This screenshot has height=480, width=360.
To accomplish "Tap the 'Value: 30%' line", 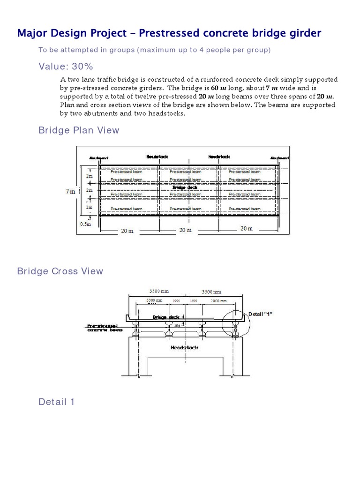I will coord(66,67).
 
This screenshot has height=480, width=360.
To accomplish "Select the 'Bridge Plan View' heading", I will coord(79,130).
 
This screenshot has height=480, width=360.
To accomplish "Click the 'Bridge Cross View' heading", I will coord(60,271).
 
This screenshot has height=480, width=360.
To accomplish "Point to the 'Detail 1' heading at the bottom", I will coord(56,402).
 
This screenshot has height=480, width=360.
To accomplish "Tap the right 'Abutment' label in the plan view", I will coord(279,158).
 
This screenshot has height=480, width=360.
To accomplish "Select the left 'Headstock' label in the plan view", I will coord(157,156).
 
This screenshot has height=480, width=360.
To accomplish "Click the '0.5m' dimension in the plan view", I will coord(85,224).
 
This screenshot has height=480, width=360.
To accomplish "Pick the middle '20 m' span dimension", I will coord(186,230).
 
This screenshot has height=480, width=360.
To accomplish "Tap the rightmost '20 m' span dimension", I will coord(246,229).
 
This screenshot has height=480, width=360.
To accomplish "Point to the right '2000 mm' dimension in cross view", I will coord(218,300).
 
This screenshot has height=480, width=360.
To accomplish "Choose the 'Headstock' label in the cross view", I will coord(185,347).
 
